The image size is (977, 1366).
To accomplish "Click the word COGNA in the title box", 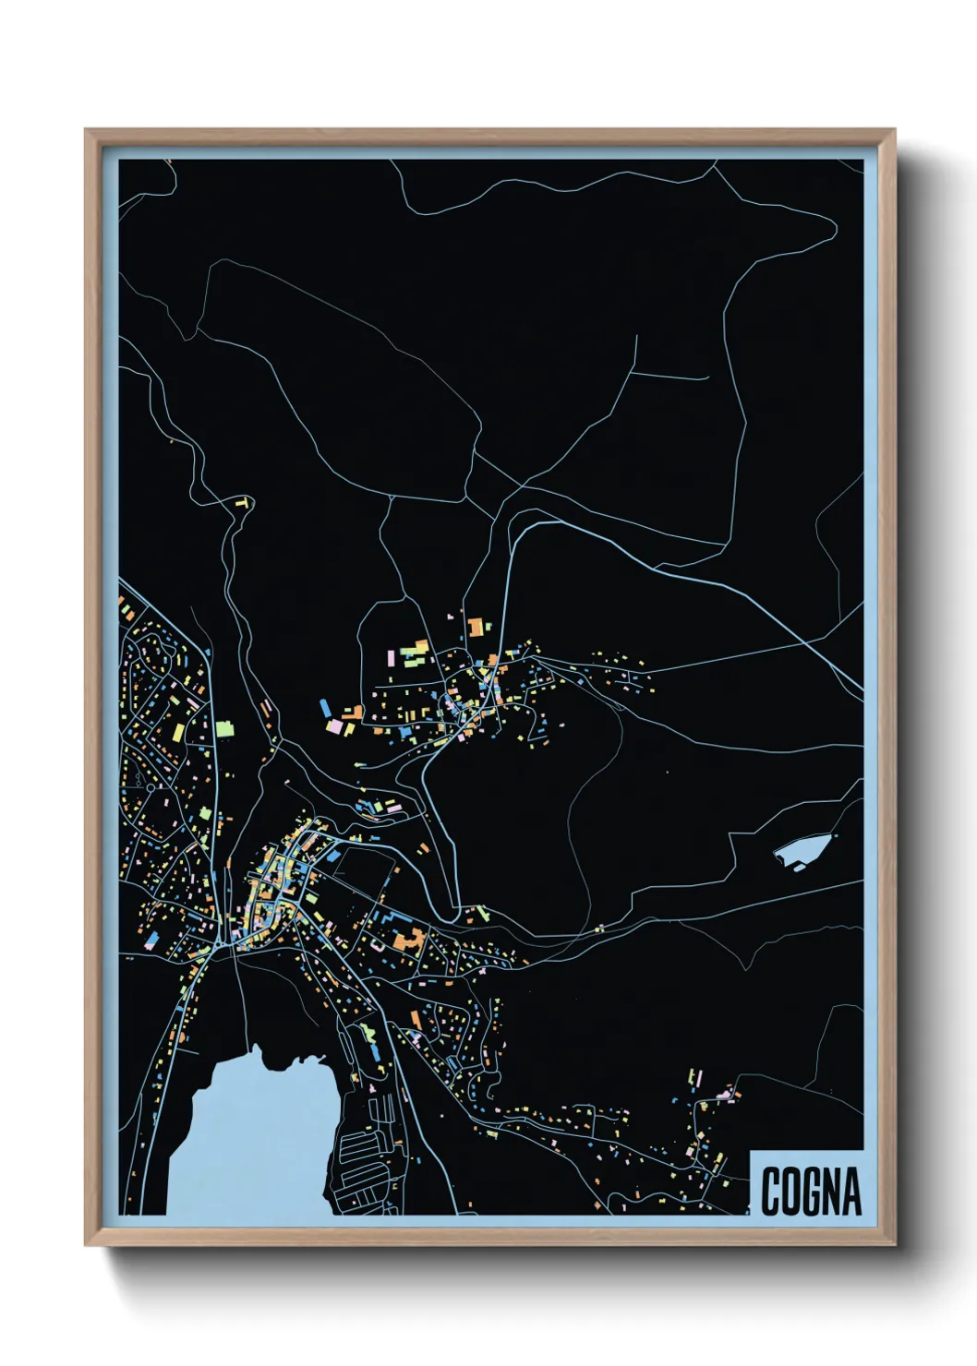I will click(x=810, y=1191).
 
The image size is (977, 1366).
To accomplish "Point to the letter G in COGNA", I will click(x=810, y=1192).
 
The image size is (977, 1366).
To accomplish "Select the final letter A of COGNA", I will click(x=850, y=1192).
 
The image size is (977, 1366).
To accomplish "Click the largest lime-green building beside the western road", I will click(x=224, y=728).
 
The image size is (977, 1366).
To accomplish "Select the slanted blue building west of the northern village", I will click(x=325, y=709).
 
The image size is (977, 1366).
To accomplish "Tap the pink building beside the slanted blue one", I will click(x=334, y=727).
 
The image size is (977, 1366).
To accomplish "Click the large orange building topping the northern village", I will click(x=476, y=628).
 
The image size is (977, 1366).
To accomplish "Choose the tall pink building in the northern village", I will click(x=391, y=658).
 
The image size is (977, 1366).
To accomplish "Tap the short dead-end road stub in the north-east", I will click(x=672, y=375).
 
